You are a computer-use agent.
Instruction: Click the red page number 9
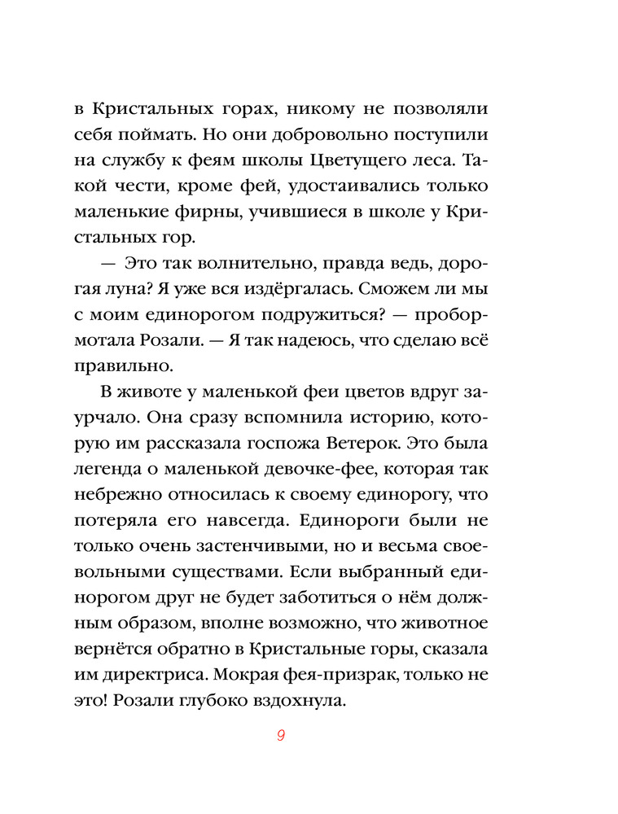[x=280, y=736]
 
